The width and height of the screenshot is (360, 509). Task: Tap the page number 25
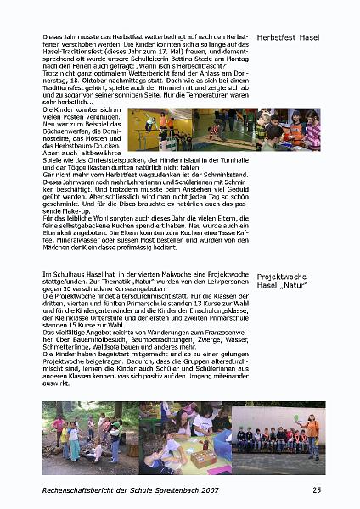(x=317, y=490)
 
